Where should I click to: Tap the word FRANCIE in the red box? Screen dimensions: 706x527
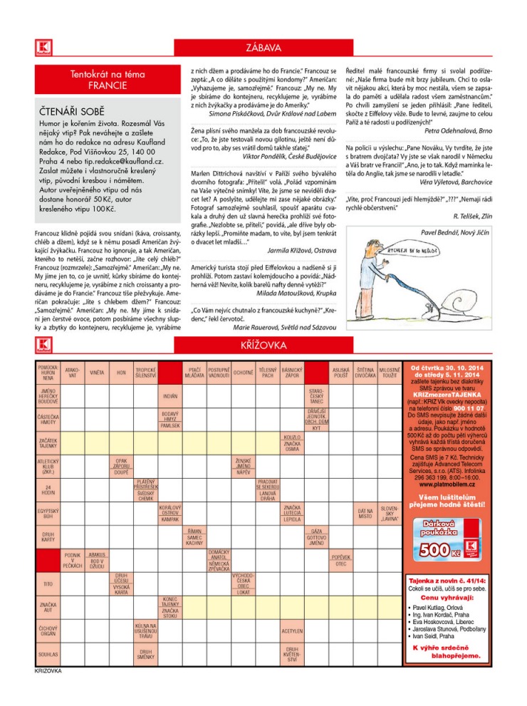point(107,85)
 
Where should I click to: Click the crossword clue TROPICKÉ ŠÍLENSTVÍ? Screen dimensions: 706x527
point(146,373)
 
